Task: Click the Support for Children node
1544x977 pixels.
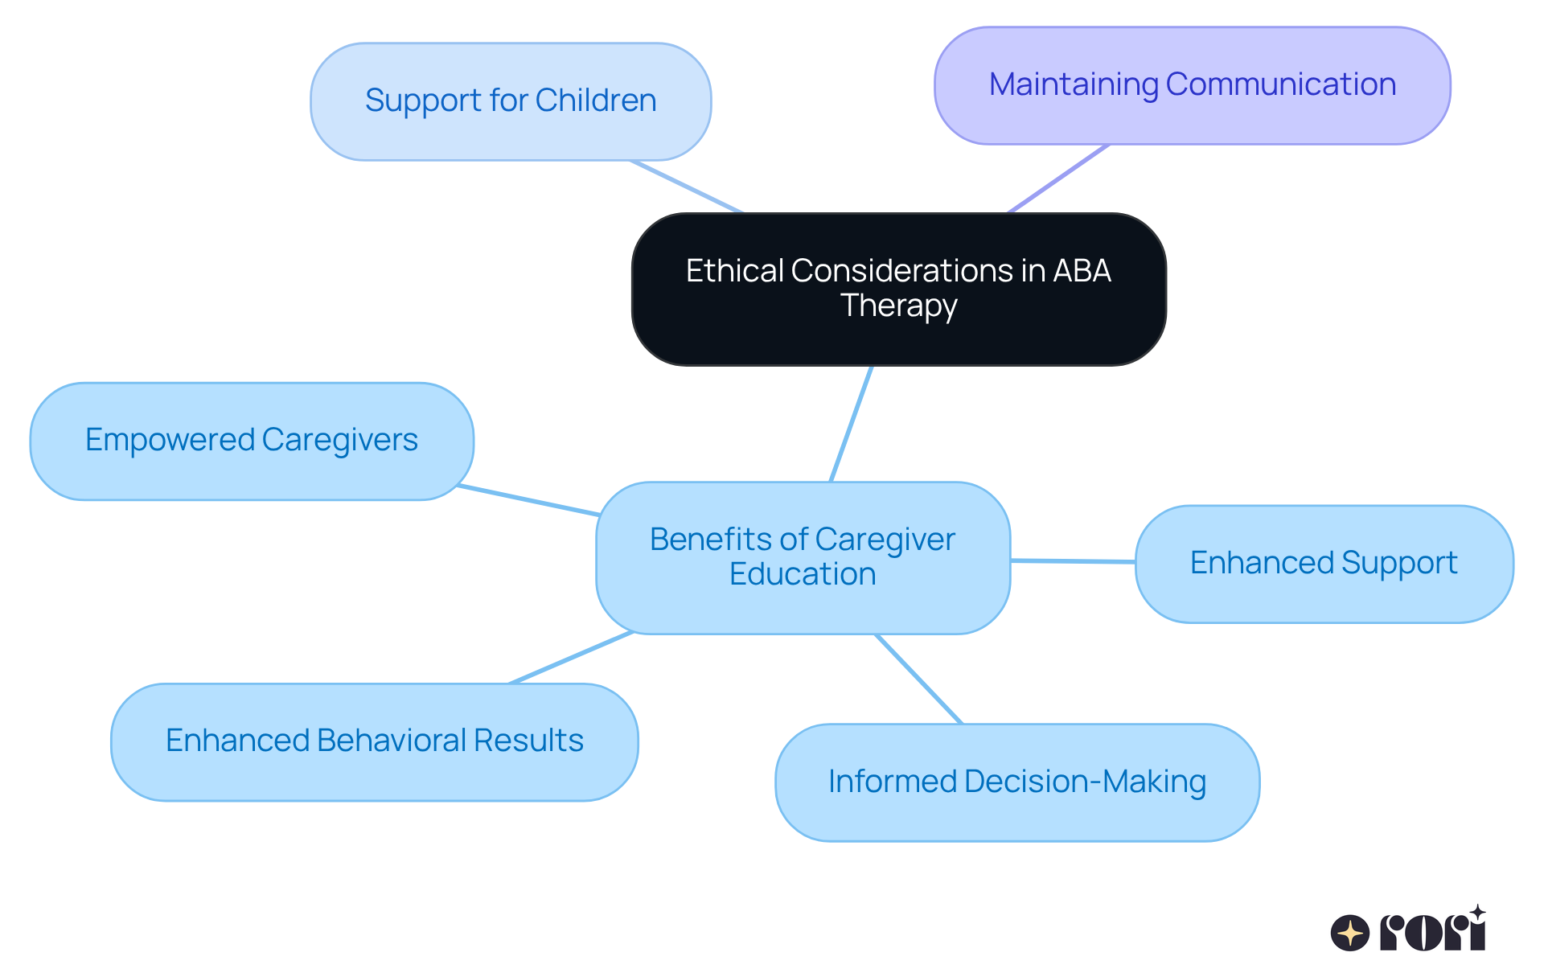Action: coord(511,101)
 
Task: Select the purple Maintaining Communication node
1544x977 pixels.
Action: coord(1192,85)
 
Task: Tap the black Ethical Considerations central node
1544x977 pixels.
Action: coord(898,289)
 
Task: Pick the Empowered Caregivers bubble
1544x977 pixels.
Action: coord(252,441)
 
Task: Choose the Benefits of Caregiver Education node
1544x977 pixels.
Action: coord(803,556)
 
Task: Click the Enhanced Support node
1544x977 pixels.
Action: coord(1324,564)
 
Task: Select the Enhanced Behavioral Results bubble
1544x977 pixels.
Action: coord(374,741)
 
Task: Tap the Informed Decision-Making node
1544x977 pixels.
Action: coord(1016,782)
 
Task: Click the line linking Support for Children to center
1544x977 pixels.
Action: coord(686,187)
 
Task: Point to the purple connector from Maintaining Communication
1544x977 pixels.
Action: coord(1058,179)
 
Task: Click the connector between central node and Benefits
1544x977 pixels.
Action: coord(851,424)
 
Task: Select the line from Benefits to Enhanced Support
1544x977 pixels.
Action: coord(1072,561)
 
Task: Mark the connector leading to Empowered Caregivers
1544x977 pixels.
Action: coord(528,500)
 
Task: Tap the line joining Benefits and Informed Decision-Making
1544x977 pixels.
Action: coord(918,679)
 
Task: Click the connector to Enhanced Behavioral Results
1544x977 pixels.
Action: coord(571,658)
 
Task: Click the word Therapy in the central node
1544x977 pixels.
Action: coord(898,306)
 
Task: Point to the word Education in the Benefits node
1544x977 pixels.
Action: coord(803,575)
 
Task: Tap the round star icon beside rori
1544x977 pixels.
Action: coord(1349,934)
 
